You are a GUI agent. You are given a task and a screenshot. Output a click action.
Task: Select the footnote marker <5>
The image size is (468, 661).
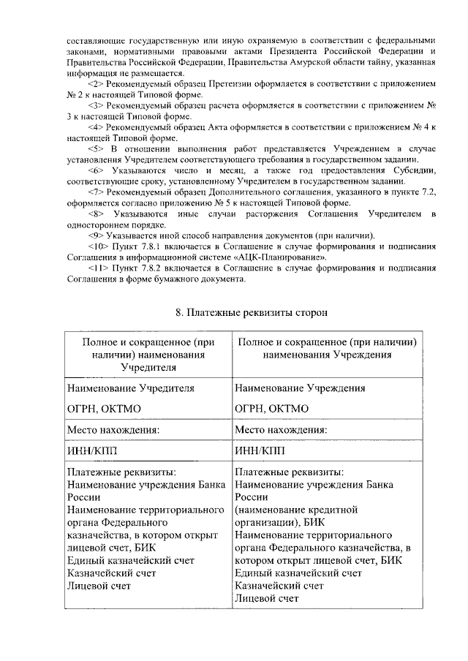point(93,149)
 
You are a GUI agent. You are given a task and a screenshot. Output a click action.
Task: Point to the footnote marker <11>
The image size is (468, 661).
point(95,268)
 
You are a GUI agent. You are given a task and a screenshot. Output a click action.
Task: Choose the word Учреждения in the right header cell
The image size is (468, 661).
point(361,355)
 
